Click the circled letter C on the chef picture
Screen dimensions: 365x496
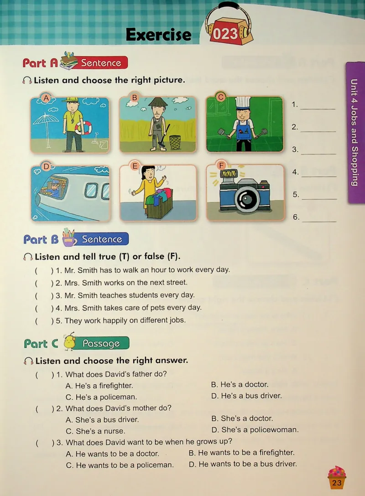click(x=221, y=97)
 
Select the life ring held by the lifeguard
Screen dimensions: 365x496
click(x=83, y=128)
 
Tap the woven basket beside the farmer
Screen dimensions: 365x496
click(x=175, y=142)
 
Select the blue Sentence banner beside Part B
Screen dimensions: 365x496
click(x=102, y=239)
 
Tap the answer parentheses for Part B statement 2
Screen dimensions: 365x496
click(x=44, y=283)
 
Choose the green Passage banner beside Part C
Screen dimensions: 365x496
click(x=101, y=343)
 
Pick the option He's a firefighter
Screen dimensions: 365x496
click(x=99, y=386)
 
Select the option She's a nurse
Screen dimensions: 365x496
click(x=95, y=431)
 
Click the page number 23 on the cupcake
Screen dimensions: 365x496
click(x=337, y=482)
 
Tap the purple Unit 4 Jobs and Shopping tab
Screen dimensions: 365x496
click(x=355, y=132)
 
